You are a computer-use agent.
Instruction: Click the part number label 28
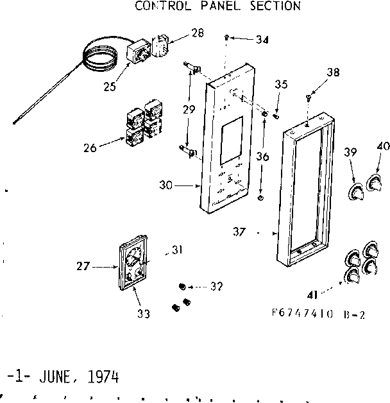click(198, 32)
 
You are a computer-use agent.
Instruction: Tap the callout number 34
click(261, 40)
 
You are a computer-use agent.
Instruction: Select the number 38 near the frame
click(333, 73)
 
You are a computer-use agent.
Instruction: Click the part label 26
click(90, 148)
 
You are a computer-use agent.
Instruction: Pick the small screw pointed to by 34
click(228, 38)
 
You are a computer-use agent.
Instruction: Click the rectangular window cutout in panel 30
click(228, 143)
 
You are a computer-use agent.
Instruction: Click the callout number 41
click(312, 295)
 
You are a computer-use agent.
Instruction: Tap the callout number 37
click(239, 232)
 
